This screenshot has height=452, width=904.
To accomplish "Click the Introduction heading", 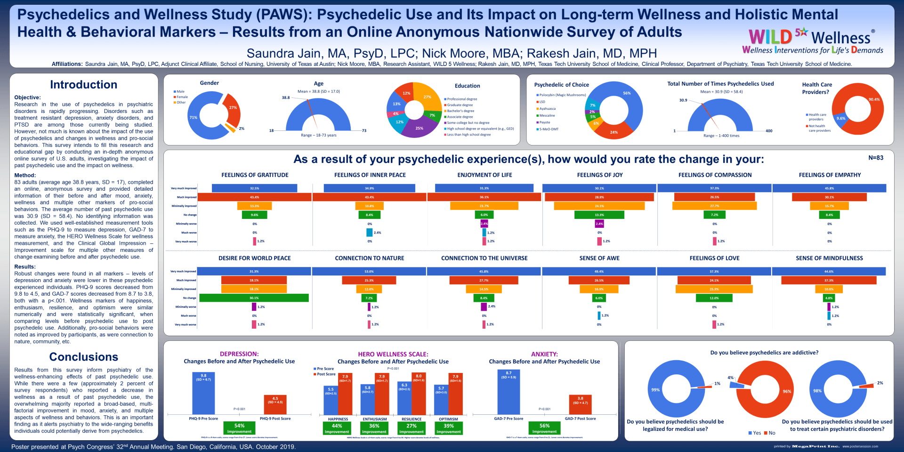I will tap(83, 85).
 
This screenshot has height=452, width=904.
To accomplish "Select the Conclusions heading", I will tap(83, 357).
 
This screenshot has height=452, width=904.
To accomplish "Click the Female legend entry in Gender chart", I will tap(182, 97).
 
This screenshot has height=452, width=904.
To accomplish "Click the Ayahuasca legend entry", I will tap(547, 109).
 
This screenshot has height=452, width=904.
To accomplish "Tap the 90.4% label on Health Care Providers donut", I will tap(874, 99).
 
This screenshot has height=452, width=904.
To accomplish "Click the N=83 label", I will tap(876, 158).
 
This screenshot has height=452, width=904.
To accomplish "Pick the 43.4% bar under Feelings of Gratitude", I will tap(254, 197).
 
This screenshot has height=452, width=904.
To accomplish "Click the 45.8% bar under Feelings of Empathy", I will tap(829, 188).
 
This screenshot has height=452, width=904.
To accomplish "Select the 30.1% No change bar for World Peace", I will tap(254, 298).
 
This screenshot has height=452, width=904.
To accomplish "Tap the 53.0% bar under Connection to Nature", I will tap(369, 272).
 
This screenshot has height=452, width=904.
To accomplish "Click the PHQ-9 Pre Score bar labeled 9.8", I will tap(203, 393).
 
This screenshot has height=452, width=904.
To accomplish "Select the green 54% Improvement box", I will tap(239, 428).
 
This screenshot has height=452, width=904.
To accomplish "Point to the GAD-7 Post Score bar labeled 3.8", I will tap(580, 404).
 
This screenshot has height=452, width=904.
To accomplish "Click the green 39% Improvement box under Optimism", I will tap(449, 428).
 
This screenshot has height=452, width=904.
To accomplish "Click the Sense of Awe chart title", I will tap(599, 258).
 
